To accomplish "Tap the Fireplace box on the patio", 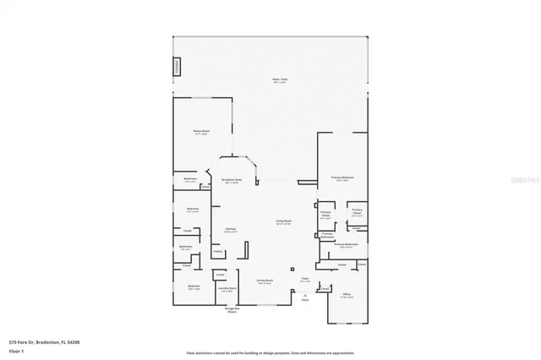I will (x=177, y=67).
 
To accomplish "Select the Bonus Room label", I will (x=200, y=133).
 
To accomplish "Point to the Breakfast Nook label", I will (x=232, y=180).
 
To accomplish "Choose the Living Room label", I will (x=283, y=222).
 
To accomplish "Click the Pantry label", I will (x=217, y=251).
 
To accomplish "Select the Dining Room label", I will (x=264, y=282).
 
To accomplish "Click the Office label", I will (x=347, y=295).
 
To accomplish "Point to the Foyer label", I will (x=304, y=281).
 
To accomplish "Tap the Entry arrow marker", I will (x=305, y=297).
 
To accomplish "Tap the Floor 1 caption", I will (x=16, y=350).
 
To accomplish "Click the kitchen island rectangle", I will (x=245, y=251).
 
